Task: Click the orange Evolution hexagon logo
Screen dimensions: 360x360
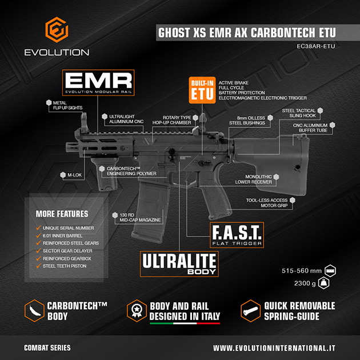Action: tap(56, 30)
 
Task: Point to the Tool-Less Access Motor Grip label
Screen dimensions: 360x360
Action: tap(267, 203)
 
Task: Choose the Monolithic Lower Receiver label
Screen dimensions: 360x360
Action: tap(256, 179)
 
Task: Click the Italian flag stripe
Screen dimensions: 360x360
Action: tap(185, 323)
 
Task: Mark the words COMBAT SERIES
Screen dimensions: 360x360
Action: tap(47, 347)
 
